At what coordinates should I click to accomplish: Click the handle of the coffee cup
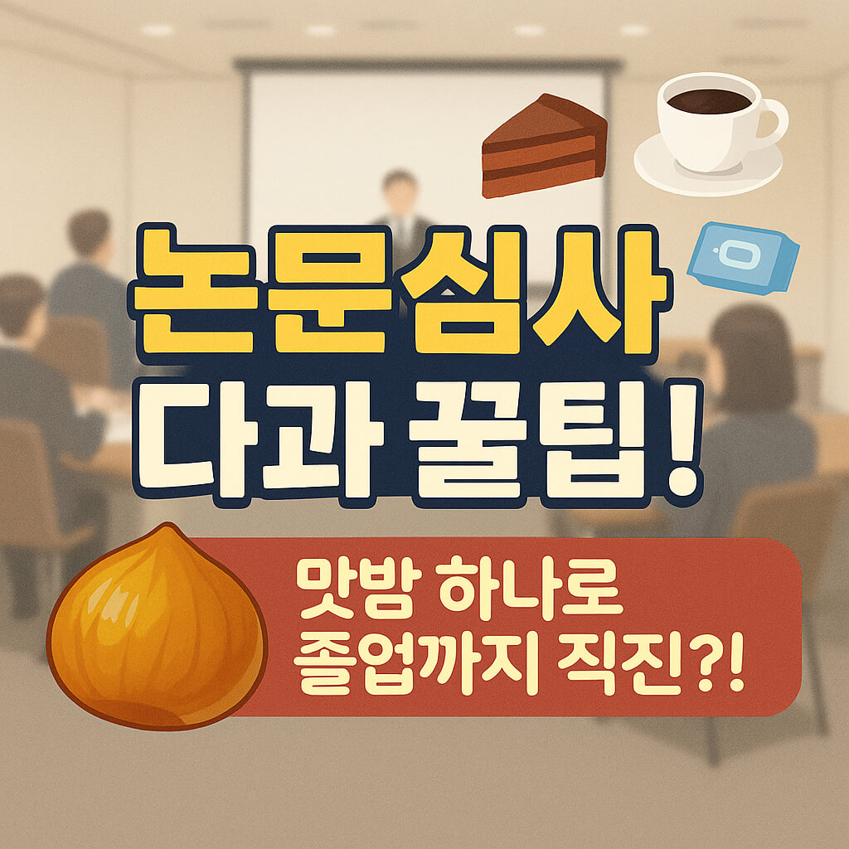772,121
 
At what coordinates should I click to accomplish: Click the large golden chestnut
158,630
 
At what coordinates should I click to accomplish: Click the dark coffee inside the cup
709,101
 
